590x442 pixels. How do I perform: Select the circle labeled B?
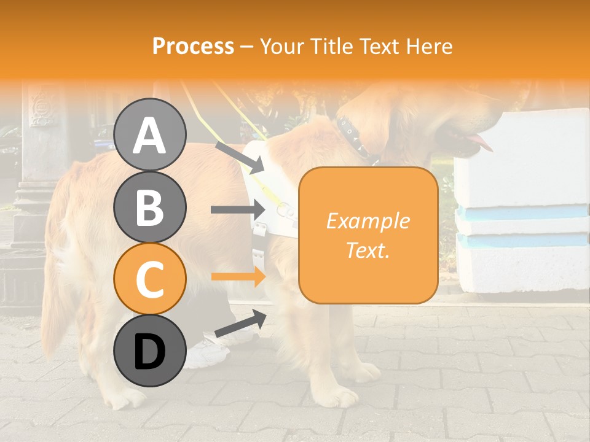coord(149,207)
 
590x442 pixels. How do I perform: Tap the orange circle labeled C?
coord(149,279)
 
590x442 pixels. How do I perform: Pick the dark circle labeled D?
coord(149,351)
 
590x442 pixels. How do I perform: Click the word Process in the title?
coord(193,46)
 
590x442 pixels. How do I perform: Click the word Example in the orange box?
coord(368,221)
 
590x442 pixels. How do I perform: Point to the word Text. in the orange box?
coord(368,250)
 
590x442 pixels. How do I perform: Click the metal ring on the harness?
coord(284,210)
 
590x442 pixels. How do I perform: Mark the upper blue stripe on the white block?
coord(522,212)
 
